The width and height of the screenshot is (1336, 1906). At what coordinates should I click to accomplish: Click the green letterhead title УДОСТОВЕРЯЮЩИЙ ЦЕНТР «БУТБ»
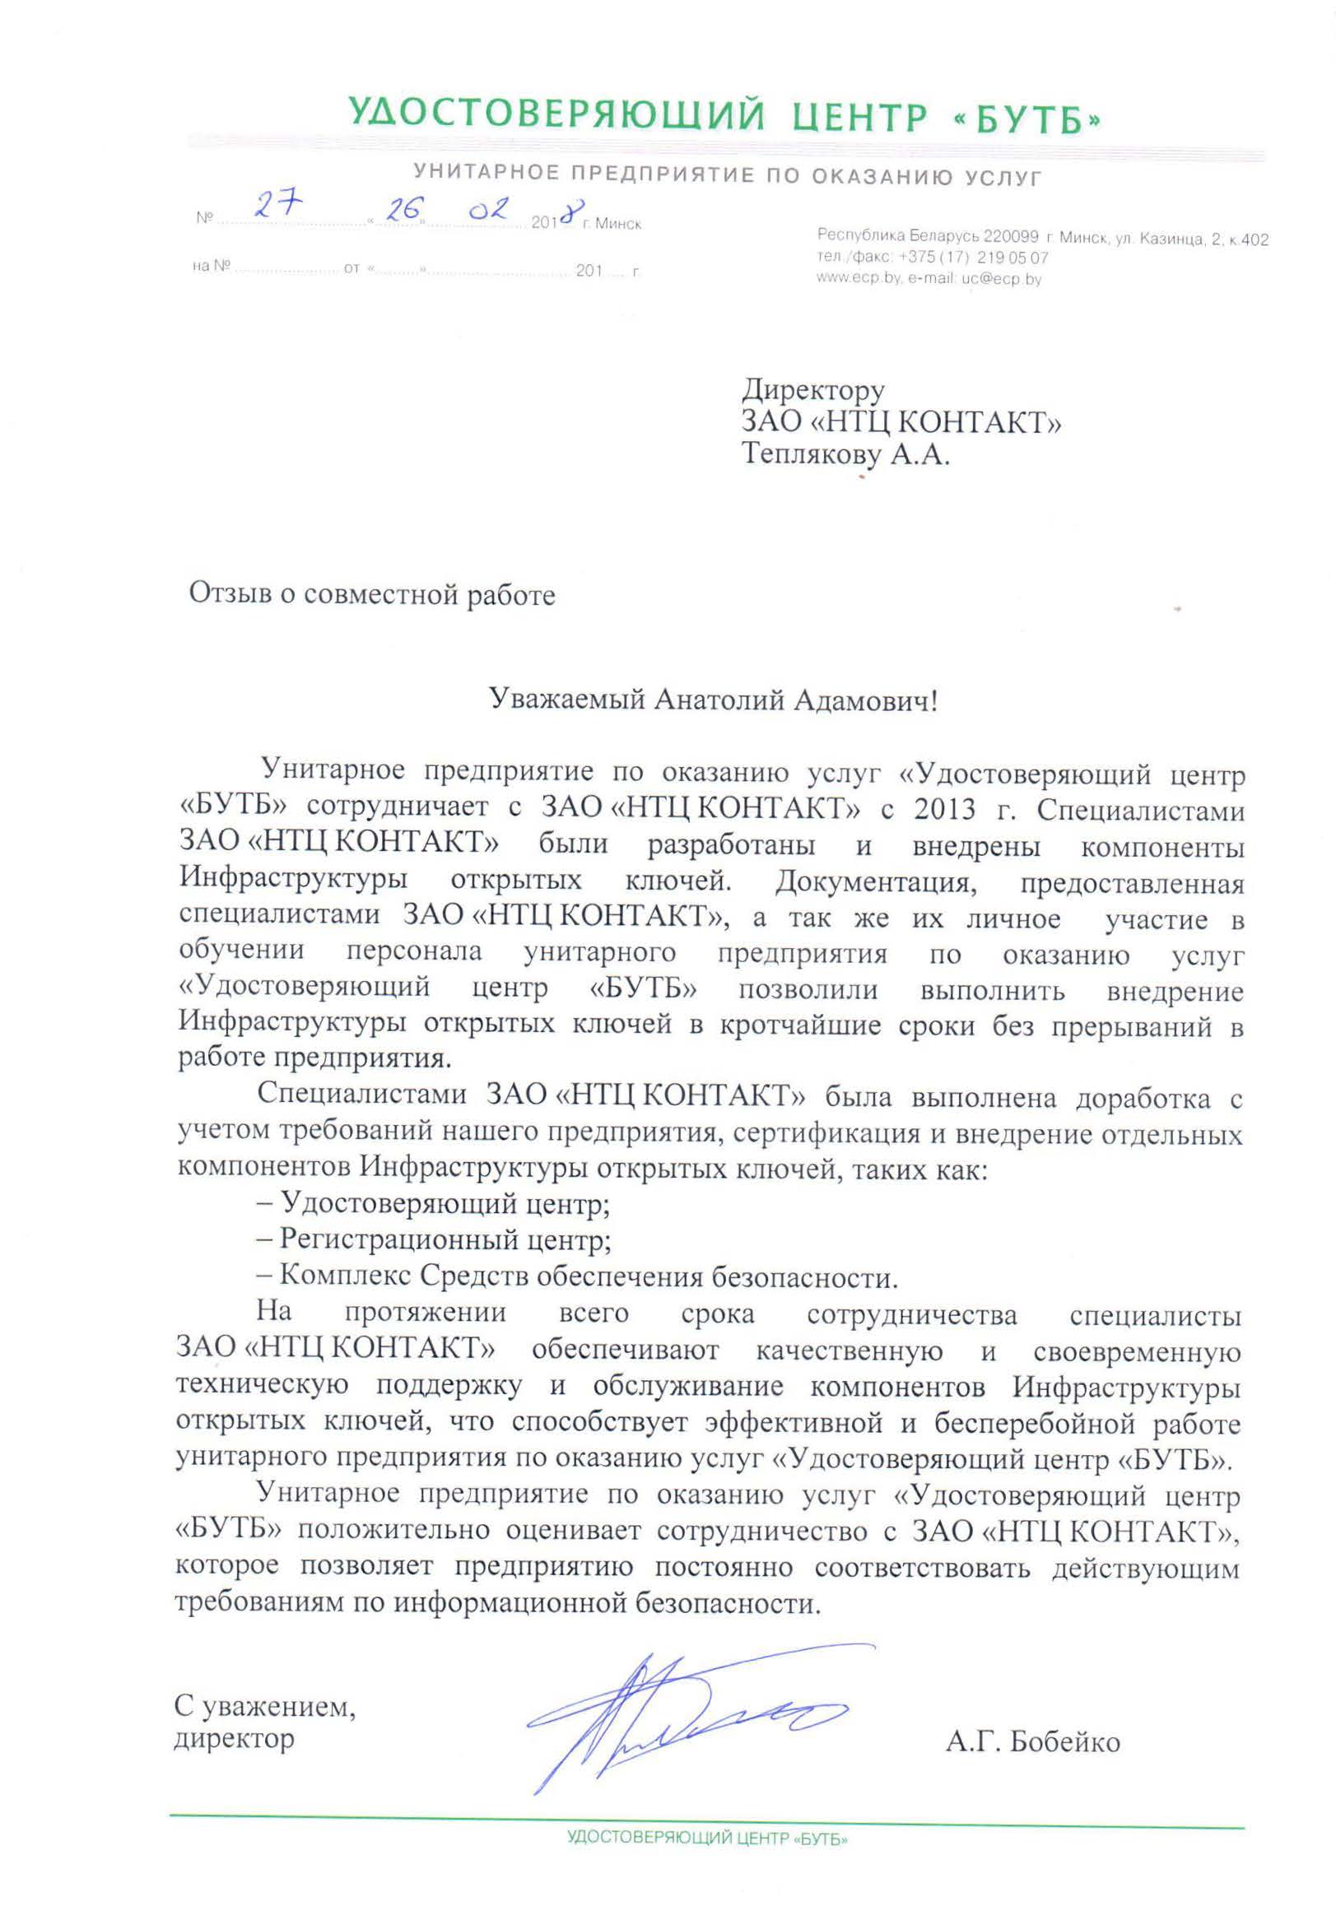pos(724,116)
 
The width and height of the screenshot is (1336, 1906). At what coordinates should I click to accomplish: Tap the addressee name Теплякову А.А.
pos(845,455)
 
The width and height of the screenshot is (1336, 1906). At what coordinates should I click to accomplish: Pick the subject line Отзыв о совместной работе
pos(371,594)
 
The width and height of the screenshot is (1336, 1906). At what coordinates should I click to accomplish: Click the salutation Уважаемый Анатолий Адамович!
pos(712,700)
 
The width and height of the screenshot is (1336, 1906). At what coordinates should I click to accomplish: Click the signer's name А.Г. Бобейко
pos(1032,1741)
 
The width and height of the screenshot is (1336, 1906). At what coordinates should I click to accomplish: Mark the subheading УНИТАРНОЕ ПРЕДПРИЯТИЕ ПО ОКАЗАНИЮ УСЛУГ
pos(727,176)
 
